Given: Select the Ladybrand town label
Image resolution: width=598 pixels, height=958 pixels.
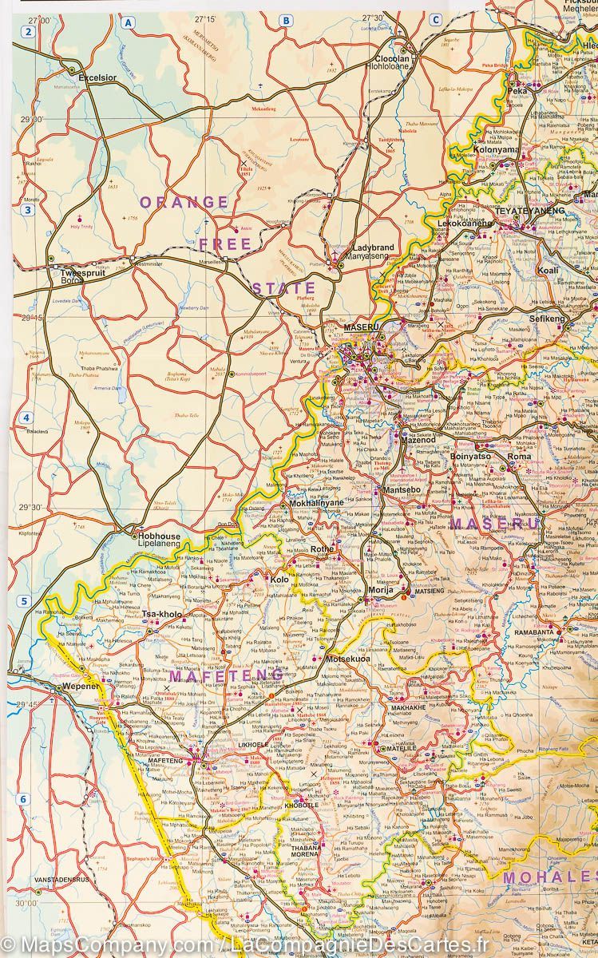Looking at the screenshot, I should pyautogui.click(x=373, y=248).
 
